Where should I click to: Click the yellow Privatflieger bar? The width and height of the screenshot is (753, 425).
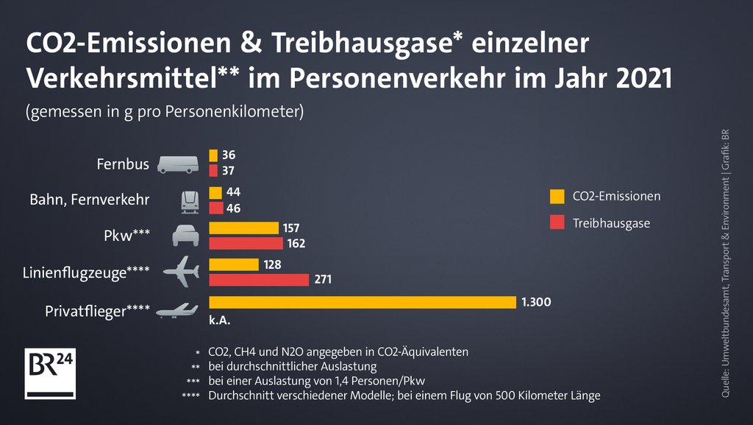(x=363, y=302)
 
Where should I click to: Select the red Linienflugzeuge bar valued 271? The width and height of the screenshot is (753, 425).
(x=259, y=280)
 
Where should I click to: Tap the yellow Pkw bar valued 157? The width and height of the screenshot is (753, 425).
(x=243, y=228)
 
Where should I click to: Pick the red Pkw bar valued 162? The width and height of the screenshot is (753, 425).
(x=246, y=243)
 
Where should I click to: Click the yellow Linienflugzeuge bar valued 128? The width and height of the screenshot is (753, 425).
(x=234, y=264)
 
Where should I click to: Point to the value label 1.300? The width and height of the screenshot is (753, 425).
(x=536, y=302)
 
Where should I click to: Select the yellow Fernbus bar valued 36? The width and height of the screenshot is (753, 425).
(x=213, y=155)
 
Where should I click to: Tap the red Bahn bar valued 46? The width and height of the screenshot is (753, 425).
(x=215, y=208)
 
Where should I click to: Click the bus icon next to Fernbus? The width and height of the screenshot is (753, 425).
(x=177, y=164)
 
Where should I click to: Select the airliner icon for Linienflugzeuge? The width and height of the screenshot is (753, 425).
(x=181, y=273)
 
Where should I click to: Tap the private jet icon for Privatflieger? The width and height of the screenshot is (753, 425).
(x=177, y=310)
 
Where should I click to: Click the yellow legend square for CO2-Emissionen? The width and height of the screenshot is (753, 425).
(x=557, y=197)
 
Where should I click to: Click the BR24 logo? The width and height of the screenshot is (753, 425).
(x=51, y=373)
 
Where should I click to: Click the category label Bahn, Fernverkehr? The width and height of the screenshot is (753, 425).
(x=89, y=200)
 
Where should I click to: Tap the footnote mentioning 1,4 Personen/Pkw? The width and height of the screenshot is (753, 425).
(x=316, y=381)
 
